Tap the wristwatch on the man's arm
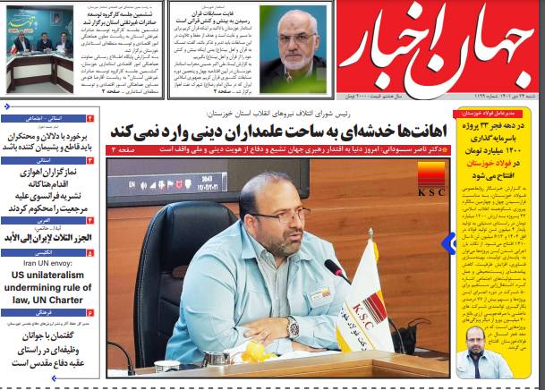(x=293, y=326)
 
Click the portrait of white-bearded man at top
(x=296, y=47)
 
